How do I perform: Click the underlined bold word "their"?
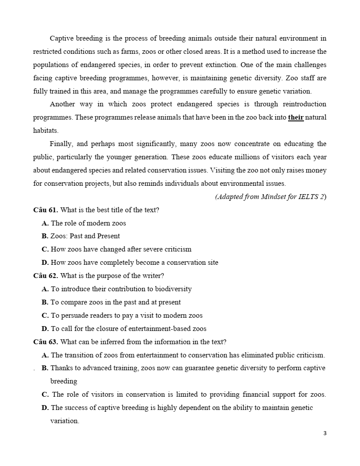[296, 118]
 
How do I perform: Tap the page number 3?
[325, 433]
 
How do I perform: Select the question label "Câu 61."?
[45, 210]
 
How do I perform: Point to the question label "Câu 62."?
[45, 276]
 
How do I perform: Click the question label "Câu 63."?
[45, 342]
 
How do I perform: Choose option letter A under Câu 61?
[45, 223]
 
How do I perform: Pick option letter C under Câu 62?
[45, 316]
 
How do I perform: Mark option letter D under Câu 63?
[45, 408]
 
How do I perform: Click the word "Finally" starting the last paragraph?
[62, 144]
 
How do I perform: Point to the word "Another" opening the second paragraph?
[62, 104]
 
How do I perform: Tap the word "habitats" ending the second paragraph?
[45, 131]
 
